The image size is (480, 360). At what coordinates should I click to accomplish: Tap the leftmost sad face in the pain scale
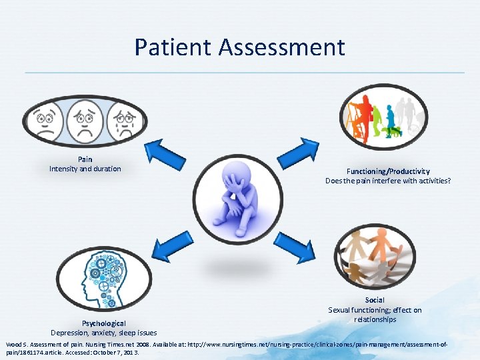pos(45,121)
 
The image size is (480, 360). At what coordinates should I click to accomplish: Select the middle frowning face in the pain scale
pos(84,121)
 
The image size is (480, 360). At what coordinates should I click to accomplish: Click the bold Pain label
pos(85,159)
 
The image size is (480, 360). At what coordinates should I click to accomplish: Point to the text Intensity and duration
pos(85,169)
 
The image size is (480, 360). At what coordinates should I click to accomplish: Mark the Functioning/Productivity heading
pos(388,171)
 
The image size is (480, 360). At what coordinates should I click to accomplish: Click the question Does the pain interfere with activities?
pos(388,181)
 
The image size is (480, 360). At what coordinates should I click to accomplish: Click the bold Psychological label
pos(103,323)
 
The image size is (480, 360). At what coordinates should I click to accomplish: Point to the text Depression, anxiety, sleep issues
pos(103,333)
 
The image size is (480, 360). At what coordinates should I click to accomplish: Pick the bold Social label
pos(375,301)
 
